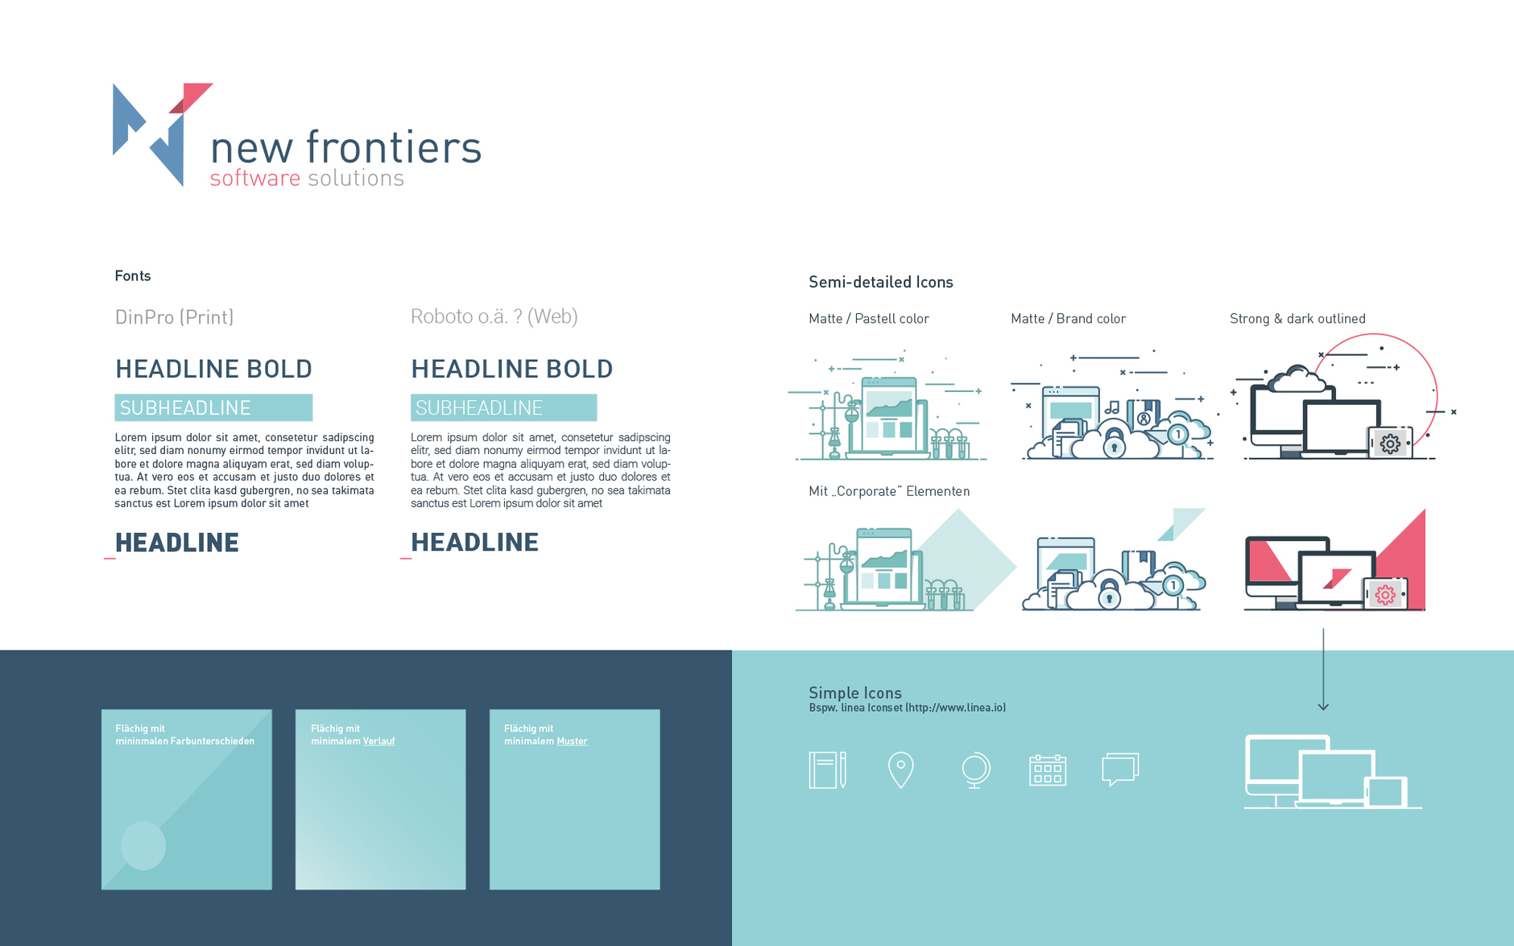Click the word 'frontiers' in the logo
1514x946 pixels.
click(394, 147)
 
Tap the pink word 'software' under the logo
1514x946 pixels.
click(254, 178)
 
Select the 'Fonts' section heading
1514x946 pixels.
click(133, 276)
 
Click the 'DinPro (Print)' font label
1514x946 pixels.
click(174, 317)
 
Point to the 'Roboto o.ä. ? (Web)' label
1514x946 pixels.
click(494, 316)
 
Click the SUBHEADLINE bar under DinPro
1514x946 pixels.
click(213, 407)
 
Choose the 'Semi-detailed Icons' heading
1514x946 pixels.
click(881, 282)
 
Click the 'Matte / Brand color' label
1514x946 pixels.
click(1068, 319)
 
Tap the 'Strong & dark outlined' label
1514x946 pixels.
click(1297, 319)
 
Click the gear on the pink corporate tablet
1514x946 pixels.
click(1385, 595)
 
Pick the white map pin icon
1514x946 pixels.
click(900, 770)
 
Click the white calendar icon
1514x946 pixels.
click(1048, 770)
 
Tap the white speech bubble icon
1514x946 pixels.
click(1120, 770)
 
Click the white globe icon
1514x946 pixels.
click(975, 770)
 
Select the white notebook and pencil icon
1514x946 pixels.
click(827, 770)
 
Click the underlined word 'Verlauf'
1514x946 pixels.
click(378, 742)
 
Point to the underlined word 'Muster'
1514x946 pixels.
click(572, 742)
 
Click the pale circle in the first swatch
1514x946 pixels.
click(143, 845)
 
